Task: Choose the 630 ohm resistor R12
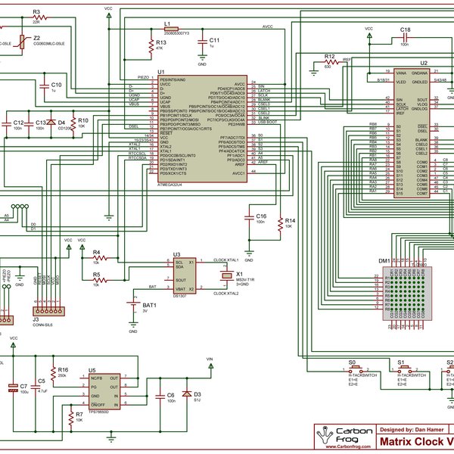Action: click(x=329, y=62)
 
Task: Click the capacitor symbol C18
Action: click(x=406, y=37)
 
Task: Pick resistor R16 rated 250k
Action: click(x=53, y=372)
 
